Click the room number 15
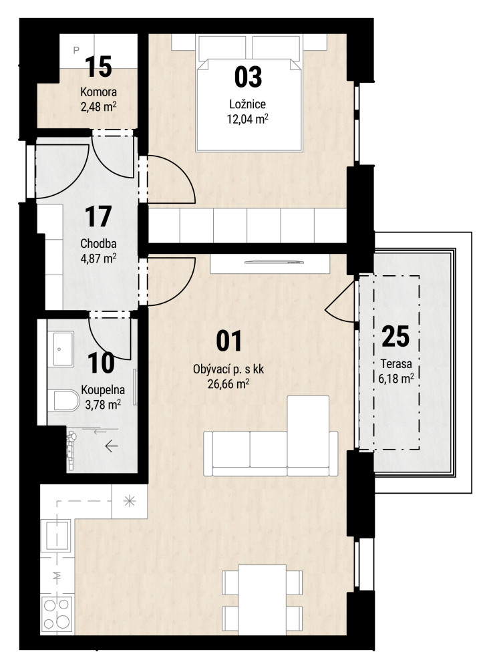pos(98,67)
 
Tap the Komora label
pos(98,92)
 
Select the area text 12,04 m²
pos(248,118)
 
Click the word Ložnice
pos(248,104)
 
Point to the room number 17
pos(98,216)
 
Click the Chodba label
pos(98,244)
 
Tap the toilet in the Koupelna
pos(63,401)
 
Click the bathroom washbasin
pos(63,349)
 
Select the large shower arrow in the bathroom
pos(112,446)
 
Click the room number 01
pos(229,341)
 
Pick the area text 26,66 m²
pos(228,384)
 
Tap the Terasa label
pos(396,364)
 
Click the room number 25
pos(396,337)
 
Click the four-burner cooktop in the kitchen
pos(57,614)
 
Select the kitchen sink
pos(55,536)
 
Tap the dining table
pos(262,600)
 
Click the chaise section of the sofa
pos(308,431)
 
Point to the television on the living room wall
pos(275,262)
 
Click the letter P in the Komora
pos(76,50)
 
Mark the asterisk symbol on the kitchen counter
pos(129,501)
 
